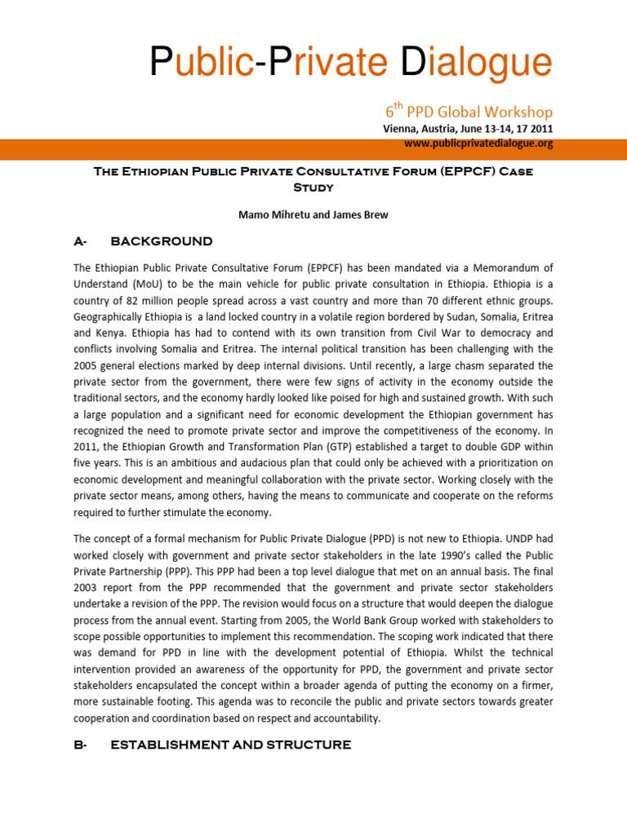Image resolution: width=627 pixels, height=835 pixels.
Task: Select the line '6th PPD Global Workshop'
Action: (469, 112)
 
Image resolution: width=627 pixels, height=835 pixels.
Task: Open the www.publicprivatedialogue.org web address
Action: (478, 143)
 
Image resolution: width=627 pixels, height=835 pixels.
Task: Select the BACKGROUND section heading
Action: (161, 241)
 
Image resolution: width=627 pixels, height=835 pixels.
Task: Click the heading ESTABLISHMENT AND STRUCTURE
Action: (230, 744)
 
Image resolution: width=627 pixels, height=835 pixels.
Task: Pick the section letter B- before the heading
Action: (80, 744)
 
